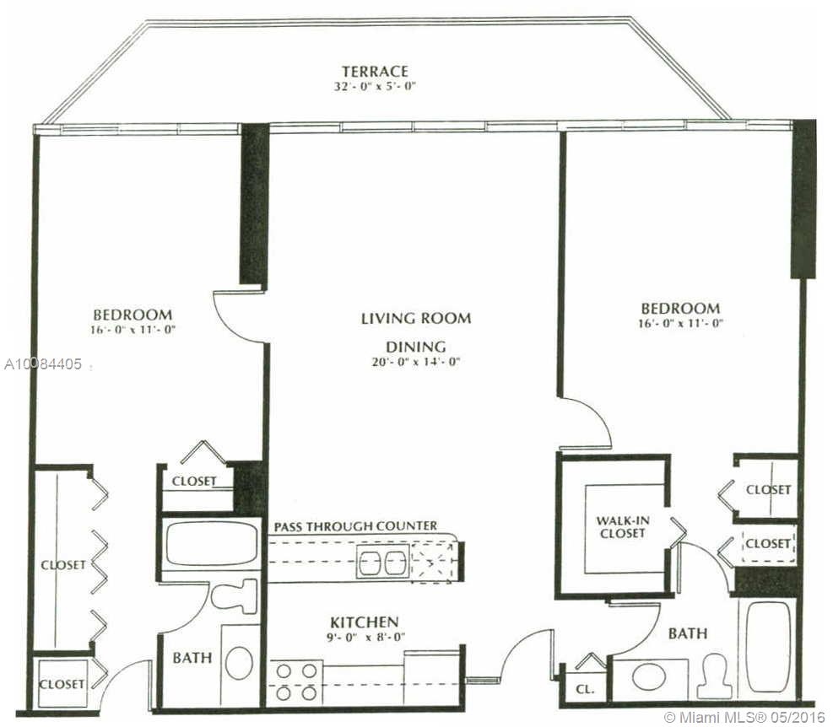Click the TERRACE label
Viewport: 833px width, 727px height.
coord(375,71)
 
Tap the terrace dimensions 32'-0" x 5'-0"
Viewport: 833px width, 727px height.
coord(374,87)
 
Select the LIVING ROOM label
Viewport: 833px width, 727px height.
coord(416,318)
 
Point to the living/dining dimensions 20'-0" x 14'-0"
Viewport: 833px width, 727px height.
coord(415,362)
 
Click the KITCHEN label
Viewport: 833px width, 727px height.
coord(365,622)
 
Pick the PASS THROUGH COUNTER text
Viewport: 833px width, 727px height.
coord(355,526)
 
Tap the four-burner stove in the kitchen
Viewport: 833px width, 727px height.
coord(296,682)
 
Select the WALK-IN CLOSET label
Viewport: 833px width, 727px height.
coord(622,527)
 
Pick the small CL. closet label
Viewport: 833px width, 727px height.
coord(585,690)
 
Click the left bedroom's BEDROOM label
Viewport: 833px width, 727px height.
coord(133,315)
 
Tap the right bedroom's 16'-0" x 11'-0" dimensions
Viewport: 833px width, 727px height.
coord(681,323)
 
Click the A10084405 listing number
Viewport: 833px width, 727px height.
coord(43,364)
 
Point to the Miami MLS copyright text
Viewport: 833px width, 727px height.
coord(744,717)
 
